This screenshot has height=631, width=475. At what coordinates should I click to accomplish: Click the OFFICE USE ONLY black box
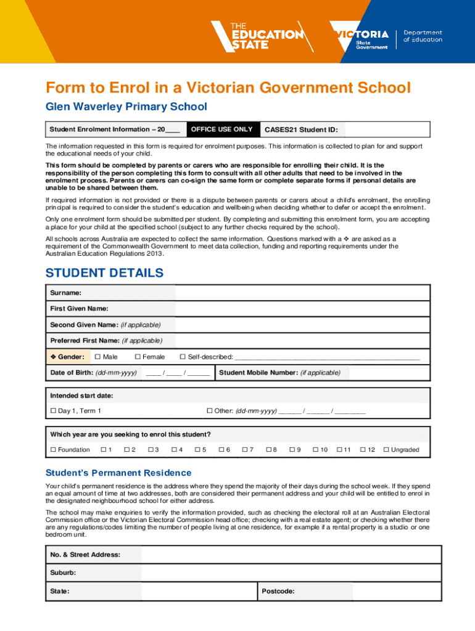[222, 129]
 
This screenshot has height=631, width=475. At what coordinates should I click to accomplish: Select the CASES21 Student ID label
[302, 130]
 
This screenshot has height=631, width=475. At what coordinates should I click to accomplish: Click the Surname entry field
[302, 293]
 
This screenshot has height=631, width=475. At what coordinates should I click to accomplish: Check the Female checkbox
[138, 357]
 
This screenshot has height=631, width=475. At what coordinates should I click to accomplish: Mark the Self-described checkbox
[183, 357]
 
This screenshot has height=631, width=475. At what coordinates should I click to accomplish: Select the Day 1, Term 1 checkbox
[53, 411]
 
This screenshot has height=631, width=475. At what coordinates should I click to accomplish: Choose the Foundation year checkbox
[53, 450]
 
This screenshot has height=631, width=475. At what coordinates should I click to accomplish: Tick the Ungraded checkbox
[386, 450]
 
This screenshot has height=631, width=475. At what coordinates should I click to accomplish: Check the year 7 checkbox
[245, 450]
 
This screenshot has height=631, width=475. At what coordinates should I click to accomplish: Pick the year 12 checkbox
[363, 450]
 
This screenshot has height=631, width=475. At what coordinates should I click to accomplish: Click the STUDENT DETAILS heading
[105, 272]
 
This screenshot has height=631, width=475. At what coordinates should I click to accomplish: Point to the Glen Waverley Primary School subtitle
[126, 107]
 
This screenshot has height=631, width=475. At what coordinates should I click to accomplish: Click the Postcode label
[278, 592]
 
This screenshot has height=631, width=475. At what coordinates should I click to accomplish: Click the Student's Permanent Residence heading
[118, 473]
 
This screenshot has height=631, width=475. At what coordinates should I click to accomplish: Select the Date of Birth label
[93, 373]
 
